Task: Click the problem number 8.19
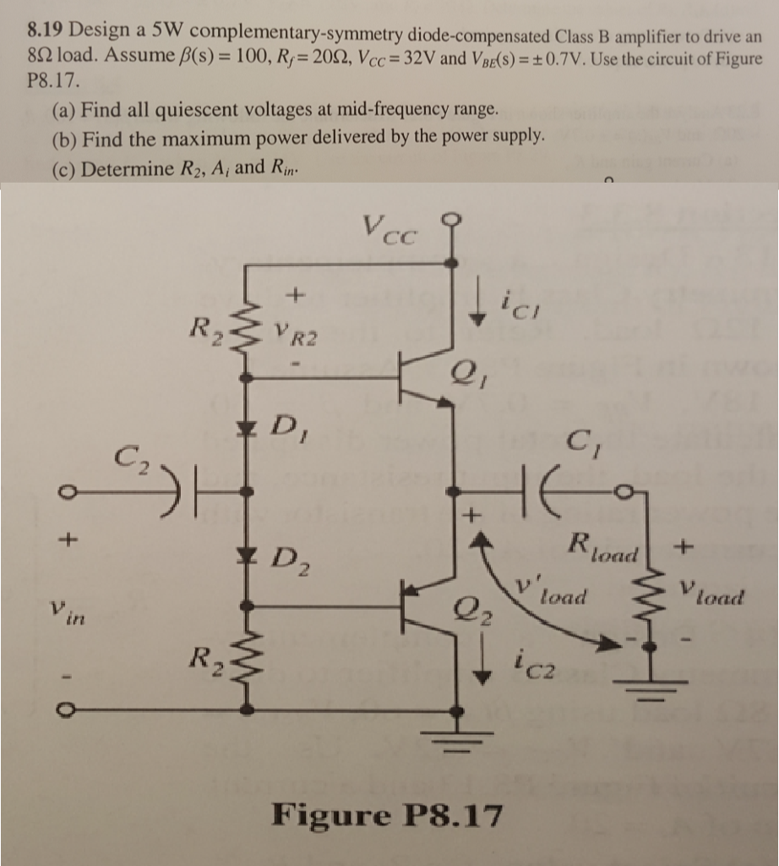click(x=46, y=30)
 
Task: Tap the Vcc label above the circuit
click(x=390, y=230)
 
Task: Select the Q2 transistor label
click(x=471, y=609)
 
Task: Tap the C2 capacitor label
click(x=131, y=459)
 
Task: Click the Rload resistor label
click(x=603, y=547)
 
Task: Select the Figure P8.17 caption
click(x=387, y=814)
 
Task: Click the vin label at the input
click(x=67, y=612)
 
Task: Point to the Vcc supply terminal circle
click(x=453, y=221)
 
